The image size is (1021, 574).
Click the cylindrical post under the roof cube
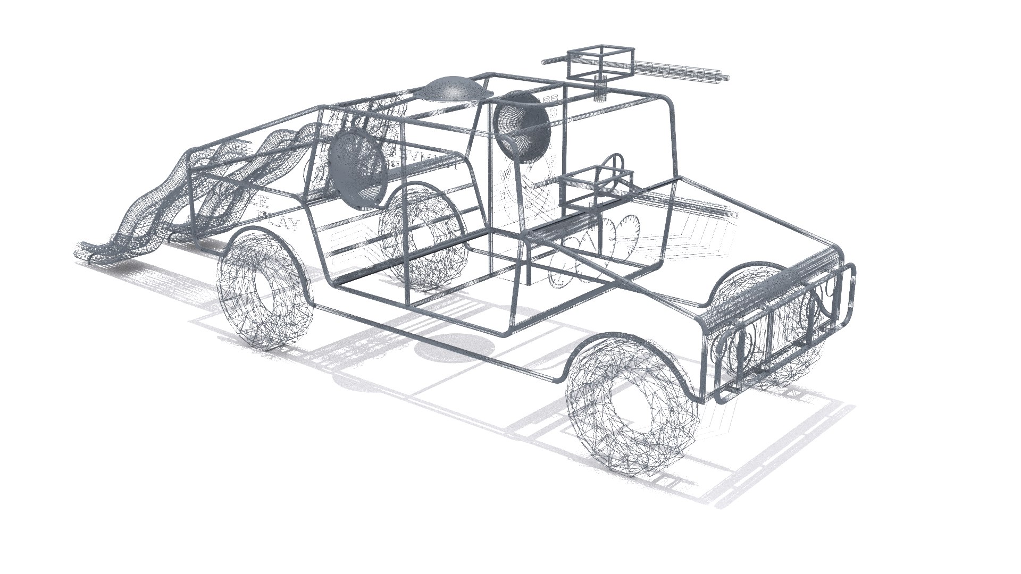click(x=600, y=88)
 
